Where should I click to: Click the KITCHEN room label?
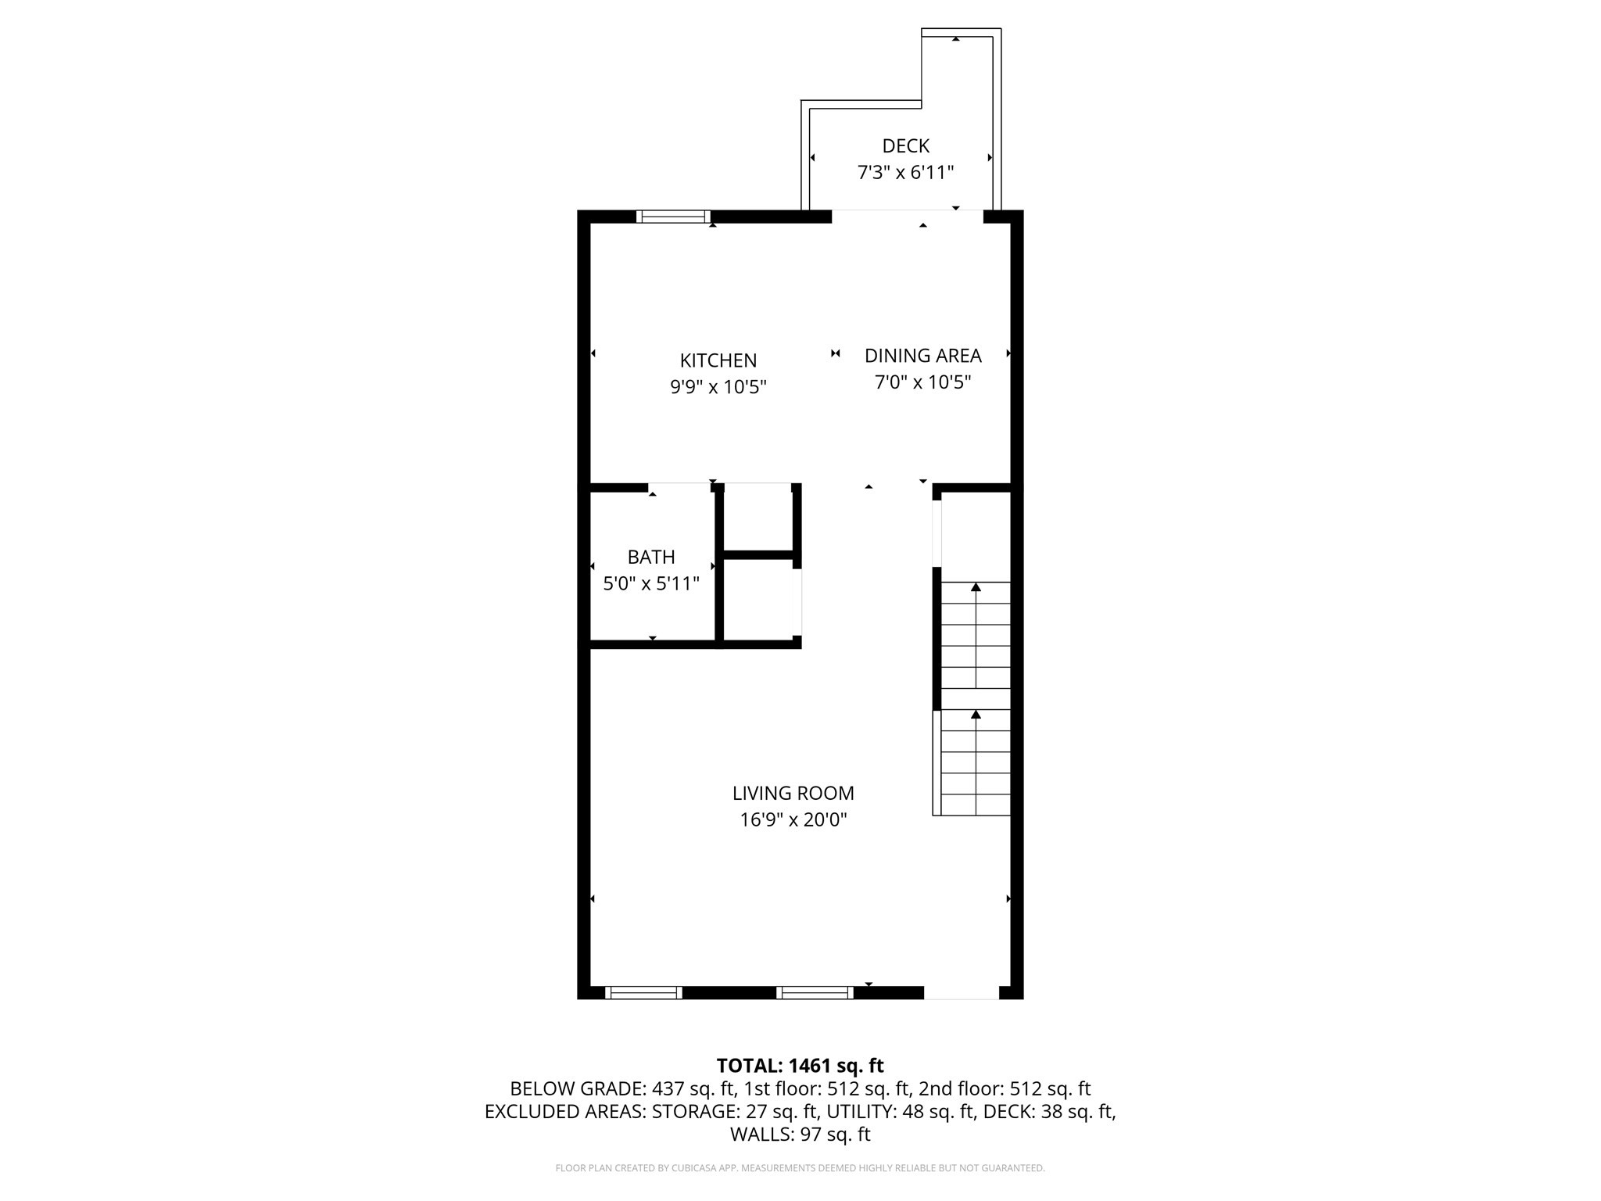pyautogui.click(x=718, y=360)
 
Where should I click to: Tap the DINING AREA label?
pyautogui.click(x=922, y=356)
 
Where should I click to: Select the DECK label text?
pyautogui.click(x=905, y=146)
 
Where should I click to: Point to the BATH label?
pyautogui.click(x=650, y=557)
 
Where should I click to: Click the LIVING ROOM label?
pyautogui.click(x=793, y=793)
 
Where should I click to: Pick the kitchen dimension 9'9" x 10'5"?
pyautogui.click(x=718, y=387)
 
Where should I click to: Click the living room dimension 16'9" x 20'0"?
pyautogui.click(x=793, y=820)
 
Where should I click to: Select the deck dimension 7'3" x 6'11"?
pyautogui.click(x=905, y=173)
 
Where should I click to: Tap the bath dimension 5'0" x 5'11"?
pyautogui.click(x=650, y=584)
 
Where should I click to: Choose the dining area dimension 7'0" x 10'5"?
pyautogui.click(x=922, y=382)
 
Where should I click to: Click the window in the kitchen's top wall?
pyautogui.click(x=673, y=217)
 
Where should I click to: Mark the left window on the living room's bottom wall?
pyautogui.click(x=643, y=992)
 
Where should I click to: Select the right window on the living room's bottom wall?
pyautogui.click(x=815, y=992)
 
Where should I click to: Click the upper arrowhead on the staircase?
pyautogui.click(x=976, y=586)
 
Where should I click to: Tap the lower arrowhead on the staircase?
pyautogui.click(x=976, y=714)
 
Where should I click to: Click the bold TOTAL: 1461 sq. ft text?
pyautogui.click(x=800, y=1065)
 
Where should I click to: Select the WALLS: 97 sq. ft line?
pyautogui.click(x=800, y=1134)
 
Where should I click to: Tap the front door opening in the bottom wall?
pyautogui.click(x=961, y=992)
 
